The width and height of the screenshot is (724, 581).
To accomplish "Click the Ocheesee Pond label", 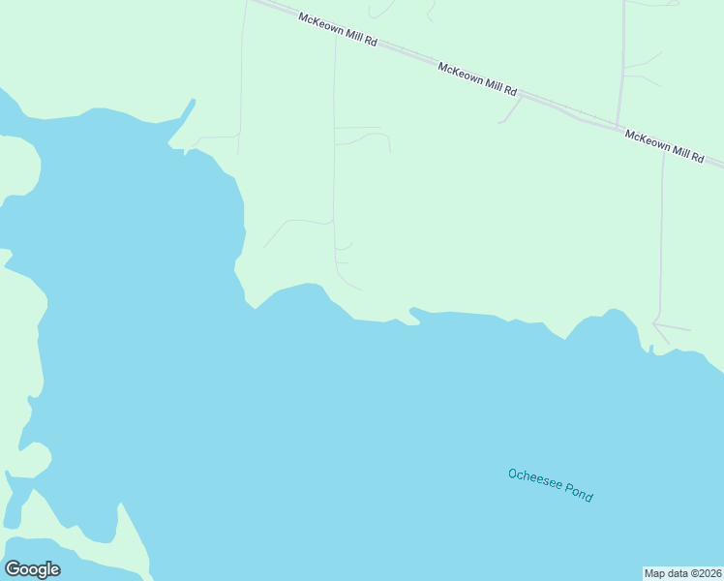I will pos(550,484).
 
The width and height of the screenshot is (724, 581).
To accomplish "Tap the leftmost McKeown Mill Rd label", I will pos(338,32).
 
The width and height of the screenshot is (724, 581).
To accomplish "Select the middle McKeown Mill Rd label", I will pos(477,79).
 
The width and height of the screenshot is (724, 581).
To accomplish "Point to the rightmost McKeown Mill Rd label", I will pos(664,145).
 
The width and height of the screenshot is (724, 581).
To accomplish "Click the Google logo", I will pos(32,569).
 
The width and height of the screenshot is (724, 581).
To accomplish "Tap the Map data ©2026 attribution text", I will pos(682,573).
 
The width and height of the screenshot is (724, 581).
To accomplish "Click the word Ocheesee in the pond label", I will pos(533,479).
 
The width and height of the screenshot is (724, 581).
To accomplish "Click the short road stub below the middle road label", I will pos(509,110).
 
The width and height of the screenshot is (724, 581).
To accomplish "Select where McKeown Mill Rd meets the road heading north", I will pos(619,126).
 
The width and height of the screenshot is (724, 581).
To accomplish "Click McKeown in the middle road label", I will pos(461,74).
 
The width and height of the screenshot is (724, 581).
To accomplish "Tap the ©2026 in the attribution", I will pos(703,573).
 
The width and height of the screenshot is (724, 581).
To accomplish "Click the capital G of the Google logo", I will pos(12,568).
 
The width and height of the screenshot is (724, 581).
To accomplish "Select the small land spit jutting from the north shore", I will pos(414,312).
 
